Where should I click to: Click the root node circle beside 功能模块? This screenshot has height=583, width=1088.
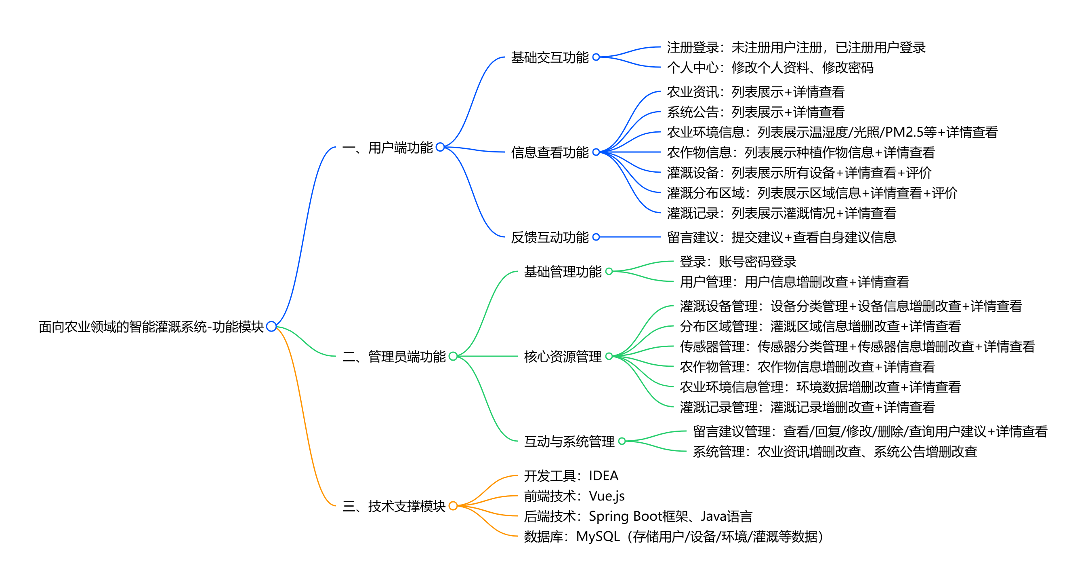tap(271, 326)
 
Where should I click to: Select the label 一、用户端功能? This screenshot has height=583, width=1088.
tap(387, 148)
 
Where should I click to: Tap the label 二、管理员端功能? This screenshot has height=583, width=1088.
tap(394, 357)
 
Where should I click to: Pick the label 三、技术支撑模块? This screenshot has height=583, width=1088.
tap(394, 506)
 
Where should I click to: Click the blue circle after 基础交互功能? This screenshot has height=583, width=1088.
tap(596, 57)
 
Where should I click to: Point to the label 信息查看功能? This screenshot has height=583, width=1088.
tap(550, 152)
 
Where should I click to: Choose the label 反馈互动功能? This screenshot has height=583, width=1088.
tap(550, 237)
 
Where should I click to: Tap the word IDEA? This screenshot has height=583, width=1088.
tap(603, 476)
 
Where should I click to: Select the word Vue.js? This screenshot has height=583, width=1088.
tap(607, 496)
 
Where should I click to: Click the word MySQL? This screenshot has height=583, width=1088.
tap(598, 537)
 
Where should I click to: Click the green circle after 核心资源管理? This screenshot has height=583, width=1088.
tap(609, 357)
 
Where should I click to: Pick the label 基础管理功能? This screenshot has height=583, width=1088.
tap(563, 271)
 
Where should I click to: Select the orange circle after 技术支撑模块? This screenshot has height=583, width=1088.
tap(453, 506)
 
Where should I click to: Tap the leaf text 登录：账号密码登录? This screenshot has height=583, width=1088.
tap(738, 262)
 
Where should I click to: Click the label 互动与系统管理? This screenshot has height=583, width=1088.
tap(569, 441)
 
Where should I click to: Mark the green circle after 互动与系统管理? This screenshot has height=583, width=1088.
tap(622, 441)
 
